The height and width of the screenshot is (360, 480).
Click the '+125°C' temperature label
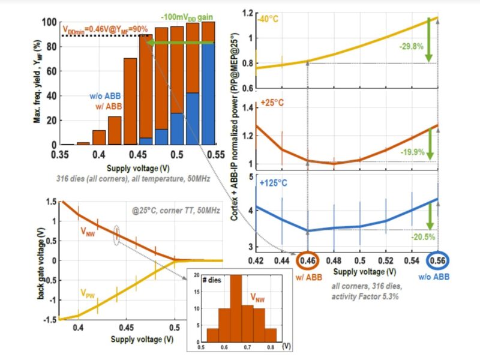tap(274, 182)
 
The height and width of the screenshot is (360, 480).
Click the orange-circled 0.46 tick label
tap(307, 260)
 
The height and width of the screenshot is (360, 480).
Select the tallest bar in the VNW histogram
tap(236, 309)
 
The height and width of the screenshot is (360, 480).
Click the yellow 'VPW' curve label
tap(89, 295)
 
